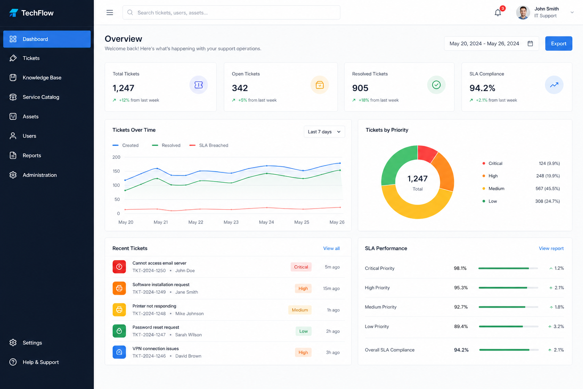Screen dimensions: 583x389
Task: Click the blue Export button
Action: (x=559, y=44)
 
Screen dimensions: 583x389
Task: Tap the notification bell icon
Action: (x=498, y=13)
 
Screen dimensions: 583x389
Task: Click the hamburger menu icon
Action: (x=110, y=13)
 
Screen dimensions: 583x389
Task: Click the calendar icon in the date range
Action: (x=530, y=44)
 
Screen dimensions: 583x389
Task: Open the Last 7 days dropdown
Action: (x=324, y=132)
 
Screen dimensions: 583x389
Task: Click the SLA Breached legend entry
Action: (x=209, y=145)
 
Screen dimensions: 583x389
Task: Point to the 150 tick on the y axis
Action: (x=116, y=171)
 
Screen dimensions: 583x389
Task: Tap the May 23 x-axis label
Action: (x=231, y=222)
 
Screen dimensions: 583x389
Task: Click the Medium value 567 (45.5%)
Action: (x=547, y=189)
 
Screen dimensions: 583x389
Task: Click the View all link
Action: (x=331, y=248)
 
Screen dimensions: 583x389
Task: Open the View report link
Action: (x=551, y=248)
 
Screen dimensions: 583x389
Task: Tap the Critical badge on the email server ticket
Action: (x=301, y=267)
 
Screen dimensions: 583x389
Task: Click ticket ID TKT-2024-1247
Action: (x=149, y=335)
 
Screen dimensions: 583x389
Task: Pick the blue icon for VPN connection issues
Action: (x=119, y=352)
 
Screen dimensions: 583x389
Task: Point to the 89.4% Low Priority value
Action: (x=461, y=326)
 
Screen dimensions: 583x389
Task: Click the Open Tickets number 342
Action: (x=240, y=88)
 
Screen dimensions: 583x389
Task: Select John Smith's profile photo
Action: (x=523, y=13)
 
